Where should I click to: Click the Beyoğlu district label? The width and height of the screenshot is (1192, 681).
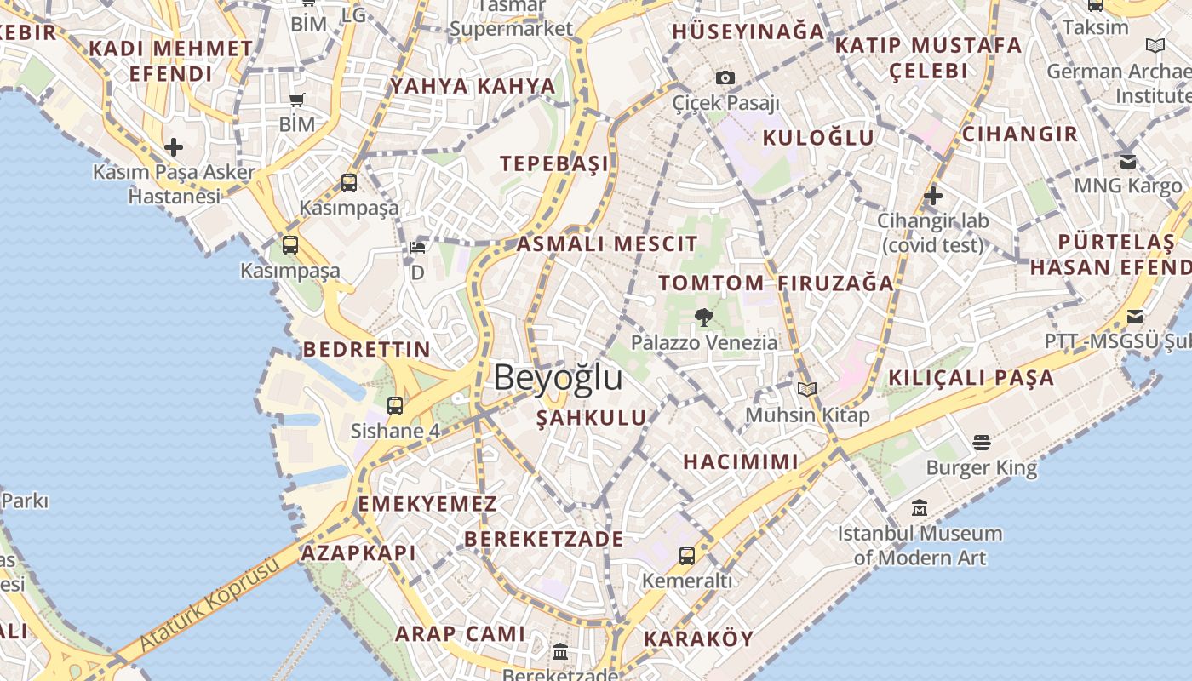tap(558, 377)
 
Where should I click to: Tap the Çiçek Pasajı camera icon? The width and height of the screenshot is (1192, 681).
tap(725, 78)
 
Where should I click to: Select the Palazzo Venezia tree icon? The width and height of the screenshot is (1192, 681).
tap(703, 318)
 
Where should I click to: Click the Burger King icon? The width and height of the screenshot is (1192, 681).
tap(981, 443)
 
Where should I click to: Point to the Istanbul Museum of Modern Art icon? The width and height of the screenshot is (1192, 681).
tap(920, 508)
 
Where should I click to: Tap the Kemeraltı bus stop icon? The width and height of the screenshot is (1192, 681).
tap(687, 556)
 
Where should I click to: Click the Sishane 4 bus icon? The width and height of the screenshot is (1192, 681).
tap(395, 405)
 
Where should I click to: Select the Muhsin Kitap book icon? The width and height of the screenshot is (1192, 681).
tap(807, 390)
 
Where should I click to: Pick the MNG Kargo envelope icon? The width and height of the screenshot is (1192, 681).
tap(1128, 161)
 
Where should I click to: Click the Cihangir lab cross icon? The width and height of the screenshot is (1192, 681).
tap(933, 196)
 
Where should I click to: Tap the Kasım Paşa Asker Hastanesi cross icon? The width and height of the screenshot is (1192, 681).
tap(174, 147)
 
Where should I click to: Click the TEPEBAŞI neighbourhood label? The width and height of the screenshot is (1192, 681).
tap(554, 163)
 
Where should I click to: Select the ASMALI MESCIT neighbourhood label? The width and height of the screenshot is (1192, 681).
tap(607, 244)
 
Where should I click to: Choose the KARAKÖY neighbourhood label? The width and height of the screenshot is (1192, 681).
tap(698, 638)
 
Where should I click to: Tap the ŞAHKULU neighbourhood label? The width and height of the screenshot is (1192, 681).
tap(592, 418)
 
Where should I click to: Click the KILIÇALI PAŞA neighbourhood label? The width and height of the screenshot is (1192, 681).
tap(971, 377)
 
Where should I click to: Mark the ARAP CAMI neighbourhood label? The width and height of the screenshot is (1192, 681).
tap(461, 633)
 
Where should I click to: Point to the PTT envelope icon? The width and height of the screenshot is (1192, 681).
tap(1135, 317)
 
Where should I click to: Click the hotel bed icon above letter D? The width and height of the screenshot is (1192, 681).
tap(417, 248)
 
